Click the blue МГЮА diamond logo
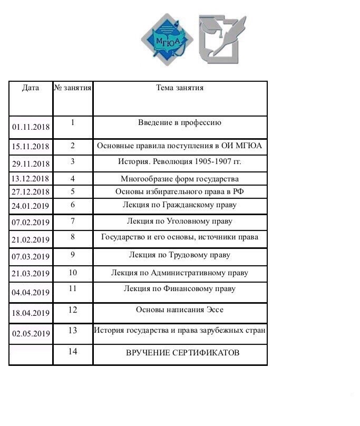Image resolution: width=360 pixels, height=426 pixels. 165,40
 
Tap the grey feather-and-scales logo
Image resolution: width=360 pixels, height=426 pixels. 222,40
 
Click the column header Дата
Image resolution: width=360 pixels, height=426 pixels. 31,88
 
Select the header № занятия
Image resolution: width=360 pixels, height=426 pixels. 73,88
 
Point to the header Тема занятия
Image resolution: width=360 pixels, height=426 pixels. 180,88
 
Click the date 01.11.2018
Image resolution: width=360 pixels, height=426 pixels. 31,128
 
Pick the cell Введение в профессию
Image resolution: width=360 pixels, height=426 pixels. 180,123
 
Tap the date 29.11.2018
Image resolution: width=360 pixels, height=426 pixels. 31,164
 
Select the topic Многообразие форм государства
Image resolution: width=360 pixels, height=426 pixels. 180,179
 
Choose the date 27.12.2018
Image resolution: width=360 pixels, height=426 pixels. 31,192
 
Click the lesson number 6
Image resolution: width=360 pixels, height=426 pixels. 73,205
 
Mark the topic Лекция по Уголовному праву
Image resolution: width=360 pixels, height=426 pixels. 180,221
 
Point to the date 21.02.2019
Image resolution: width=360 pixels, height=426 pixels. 31,240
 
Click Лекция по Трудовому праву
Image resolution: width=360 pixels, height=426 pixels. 180,255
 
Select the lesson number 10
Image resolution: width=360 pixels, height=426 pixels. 73,273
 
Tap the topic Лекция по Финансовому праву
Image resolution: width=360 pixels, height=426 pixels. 180,289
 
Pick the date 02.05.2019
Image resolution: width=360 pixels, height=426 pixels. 31,334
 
